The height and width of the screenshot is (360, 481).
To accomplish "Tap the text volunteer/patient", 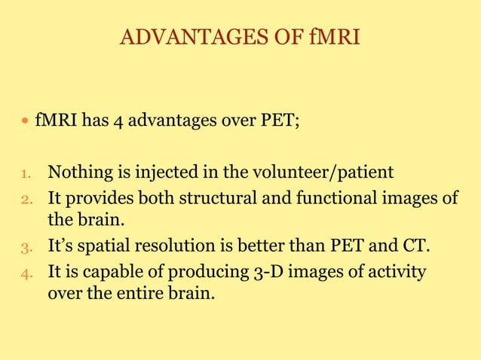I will coord(325,173).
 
